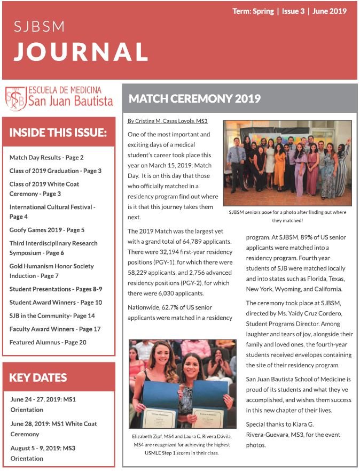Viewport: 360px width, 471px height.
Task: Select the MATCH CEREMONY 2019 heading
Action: coord(194,98)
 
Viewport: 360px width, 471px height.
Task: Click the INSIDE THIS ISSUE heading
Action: coord(58,132)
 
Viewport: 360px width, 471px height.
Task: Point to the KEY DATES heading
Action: coord(38,377)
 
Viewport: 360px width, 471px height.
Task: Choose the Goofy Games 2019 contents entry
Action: coord(47,230)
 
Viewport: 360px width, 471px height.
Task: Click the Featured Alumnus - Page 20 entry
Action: coord(48,342)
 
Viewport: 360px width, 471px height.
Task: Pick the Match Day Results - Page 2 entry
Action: coord(46,158)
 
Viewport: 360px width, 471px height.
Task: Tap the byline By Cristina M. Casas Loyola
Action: coord(167,121)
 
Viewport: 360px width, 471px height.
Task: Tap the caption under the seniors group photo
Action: coord(287,216)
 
